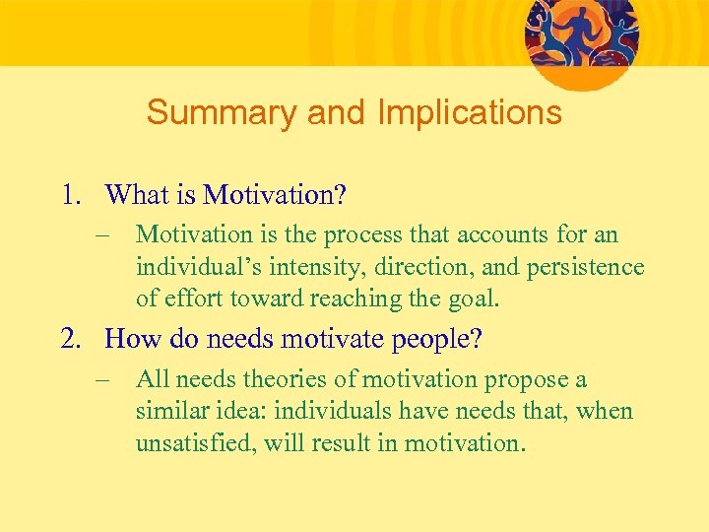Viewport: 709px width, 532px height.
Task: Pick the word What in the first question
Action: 137,194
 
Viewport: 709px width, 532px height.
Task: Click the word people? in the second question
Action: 437,341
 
